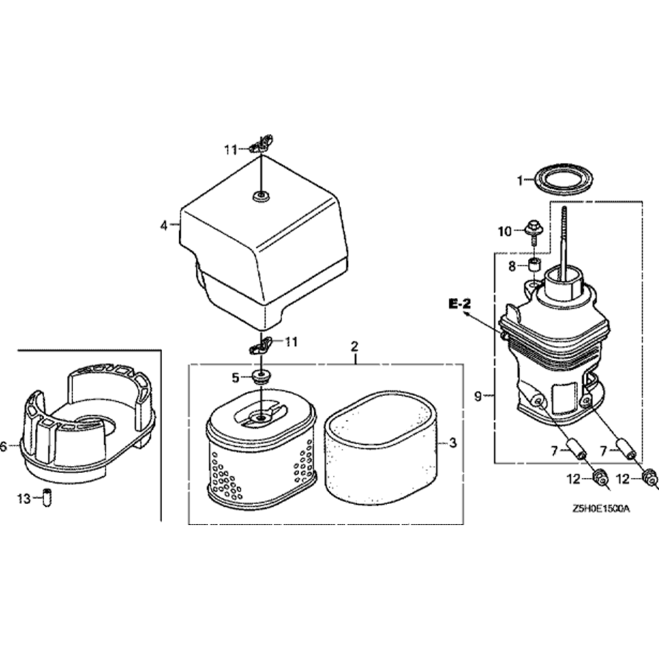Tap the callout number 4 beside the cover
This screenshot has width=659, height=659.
pyautogui.click(x=163, y=225)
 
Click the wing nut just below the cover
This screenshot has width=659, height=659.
pyautogui.click(x=261, y=345)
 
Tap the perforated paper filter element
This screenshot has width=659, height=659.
pyautogui.click(x=260, y=461)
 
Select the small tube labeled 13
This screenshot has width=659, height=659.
pyautogui.click(x=47, y=500)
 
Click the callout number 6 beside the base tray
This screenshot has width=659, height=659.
pyautogui.click(x=5, y=447)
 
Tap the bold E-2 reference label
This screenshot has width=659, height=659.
pyautogui.click(x=461, y=304)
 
